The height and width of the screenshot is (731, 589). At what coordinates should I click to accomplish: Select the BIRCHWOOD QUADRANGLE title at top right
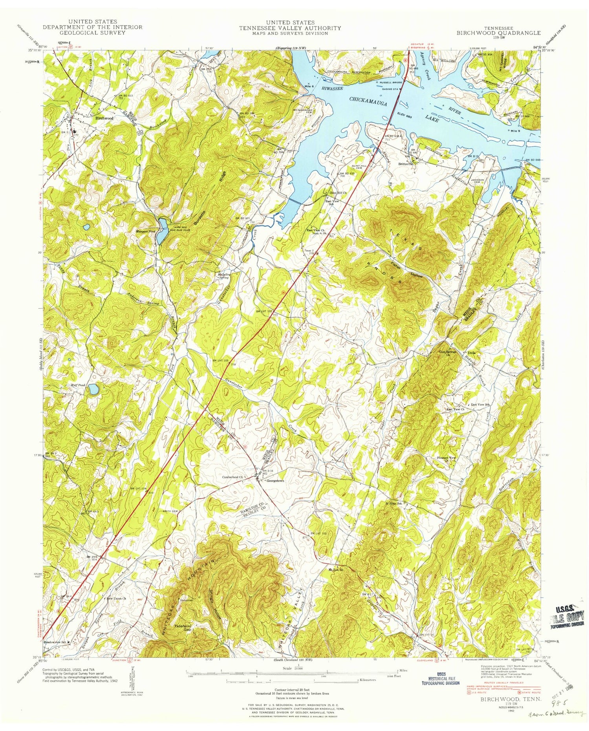[x=498, y=33]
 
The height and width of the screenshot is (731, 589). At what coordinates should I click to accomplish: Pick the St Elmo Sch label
[x=394, y=503]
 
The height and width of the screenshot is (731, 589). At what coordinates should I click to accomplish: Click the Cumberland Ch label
[x=241, y=477]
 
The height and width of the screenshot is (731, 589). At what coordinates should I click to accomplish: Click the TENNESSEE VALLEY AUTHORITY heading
[x=291, y=28]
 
